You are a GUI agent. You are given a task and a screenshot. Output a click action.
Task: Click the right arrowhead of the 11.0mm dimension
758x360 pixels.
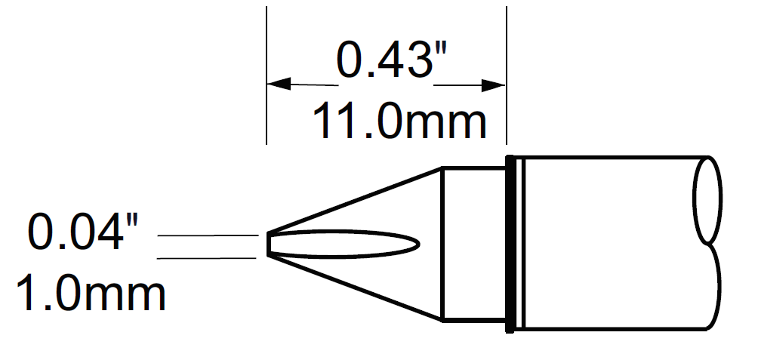495,84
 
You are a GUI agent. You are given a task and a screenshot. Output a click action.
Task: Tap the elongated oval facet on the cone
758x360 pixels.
347,245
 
